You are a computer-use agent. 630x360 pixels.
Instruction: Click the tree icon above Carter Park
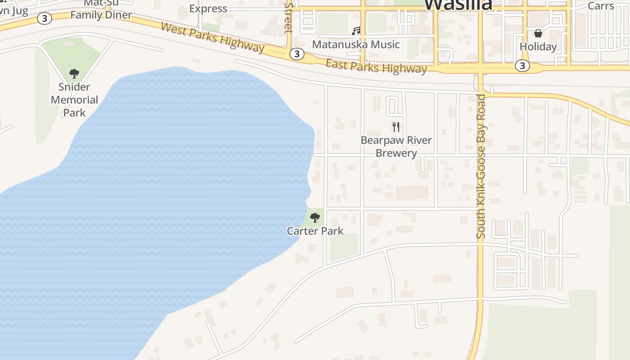coord(315,218)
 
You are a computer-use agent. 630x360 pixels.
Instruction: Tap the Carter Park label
coord(315,231)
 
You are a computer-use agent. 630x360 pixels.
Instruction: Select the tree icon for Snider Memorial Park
coord(74,74)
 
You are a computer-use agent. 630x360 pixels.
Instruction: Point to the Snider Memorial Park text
coord(74,99)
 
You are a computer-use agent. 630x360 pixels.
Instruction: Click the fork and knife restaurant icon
coord(396,126)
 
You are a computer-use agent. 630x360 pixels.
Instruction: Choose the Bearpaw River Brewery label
coord(396,147)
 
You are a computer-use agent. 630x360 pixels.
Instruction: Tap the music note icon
coord(356,31)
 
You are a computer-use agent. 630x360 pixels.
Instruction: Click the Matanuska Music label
coord(356,45)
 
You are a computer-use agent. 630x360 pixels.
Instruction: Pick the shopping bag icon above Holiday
coord(538,33)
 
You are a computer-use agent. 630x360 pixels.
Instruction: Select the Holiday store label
coord(538,47)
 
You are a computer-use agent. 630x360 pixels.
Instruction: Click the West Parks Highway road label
coord(212,37)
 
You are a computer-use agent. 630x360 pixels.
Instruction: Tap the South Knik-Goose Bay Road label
coord(481,166)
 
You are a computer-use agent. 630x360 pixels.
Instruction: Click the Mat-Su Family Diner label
coord(101,10)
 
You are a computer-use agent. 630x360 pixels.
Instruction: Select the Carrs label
coord(601,6)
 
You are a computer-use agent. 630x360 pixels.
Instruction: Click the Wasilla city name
coord(458,4)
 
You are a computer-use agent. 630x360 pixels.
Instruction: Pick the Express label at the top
coord(208,9)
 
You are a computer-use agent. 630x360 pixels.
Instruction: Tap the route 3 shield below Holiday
coord(522,66)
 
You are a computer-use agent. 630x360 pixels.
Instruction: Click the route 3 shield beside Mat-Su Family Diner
coord(44,18)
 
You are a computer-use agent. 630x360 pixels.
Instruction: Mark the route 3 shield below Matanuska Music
coord(296,54)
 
